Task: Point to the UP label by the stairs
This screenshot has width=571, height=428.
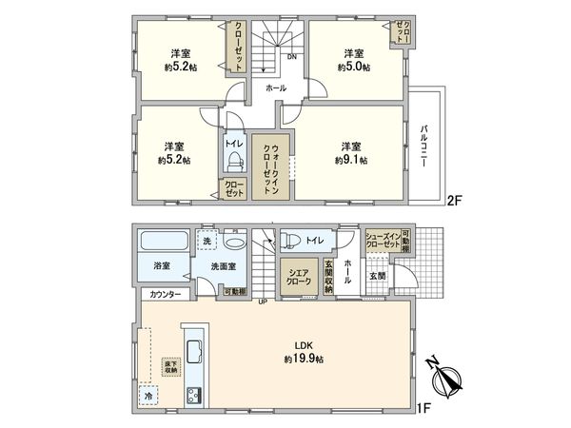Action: pos(262,303)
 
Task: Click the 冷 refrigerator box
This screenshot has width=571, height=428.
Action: pos(148,394)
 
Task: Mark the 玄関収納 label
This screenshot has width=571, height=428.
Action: pos(327,276)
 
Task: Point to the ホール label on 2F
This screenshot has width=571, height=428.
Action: pos(275,88)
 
